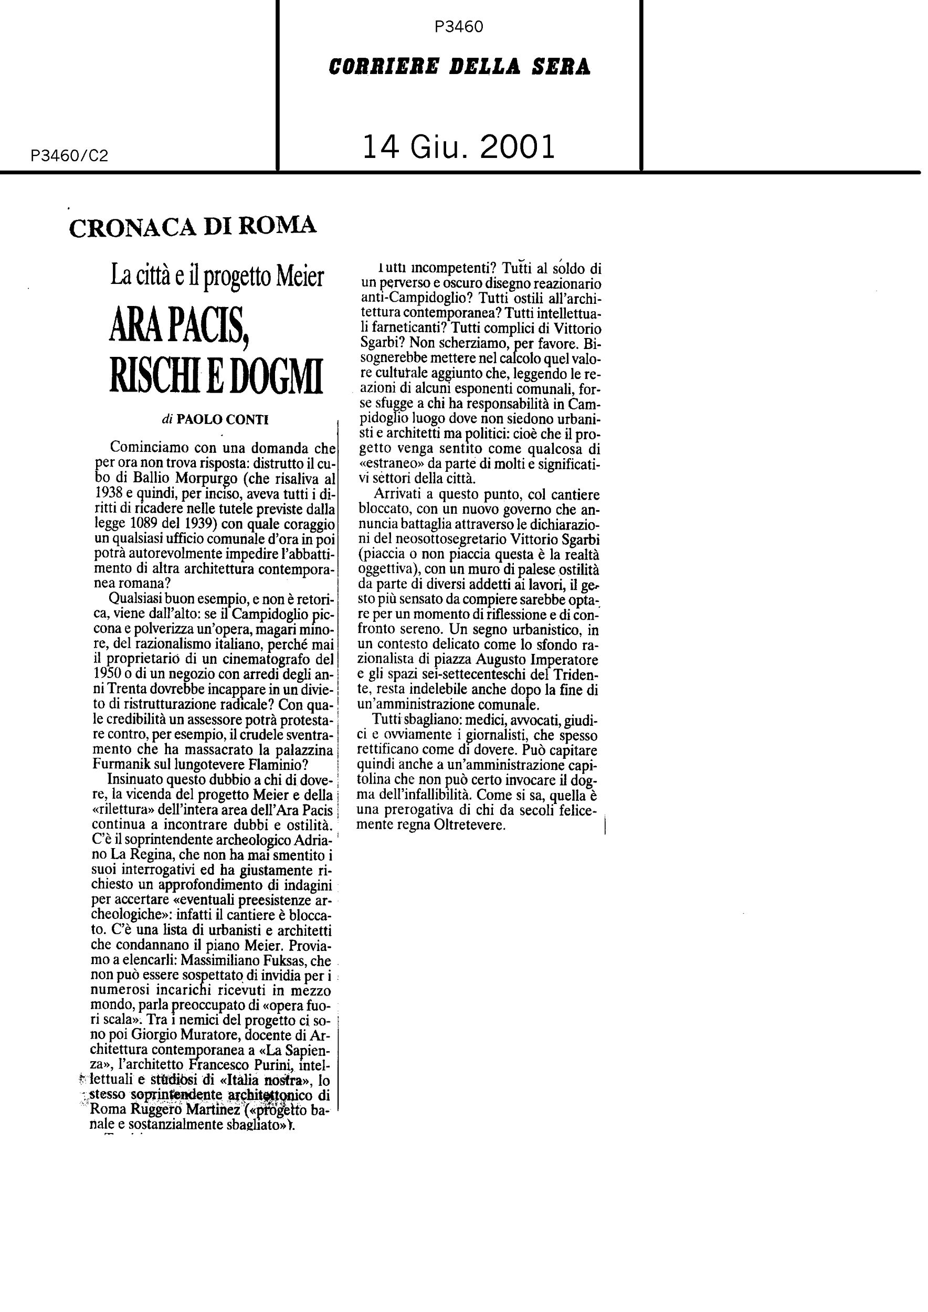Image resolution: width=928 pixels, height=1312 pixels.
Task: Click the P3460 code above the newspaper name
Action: [x=459, y=27]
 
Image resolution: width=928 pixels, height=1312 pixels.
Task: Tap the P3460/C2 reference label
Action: [x=70, y=155]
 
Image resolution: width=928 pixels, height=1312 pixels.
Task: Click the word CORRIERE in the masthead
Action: [x=383, y=67]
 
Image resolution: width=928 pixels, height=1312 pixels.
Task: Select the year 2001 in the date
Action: [x=518, y=147]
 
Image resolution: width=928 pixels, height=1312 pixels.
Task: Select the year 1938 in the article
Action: [x=108, y=493]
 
